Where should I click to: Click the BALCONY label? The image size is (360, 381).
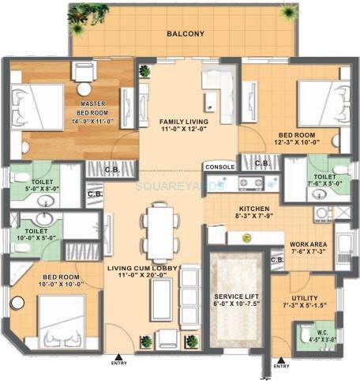(186, 34)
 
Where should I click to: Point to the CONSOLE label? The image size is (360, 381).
(219, 167)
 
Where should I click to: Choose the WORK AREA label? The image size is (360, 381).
(309, 248)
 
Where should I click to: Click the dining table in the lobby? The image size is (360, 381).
(161, 232)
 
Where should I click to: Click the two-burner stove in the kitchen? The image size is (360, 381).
(251, 183)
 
